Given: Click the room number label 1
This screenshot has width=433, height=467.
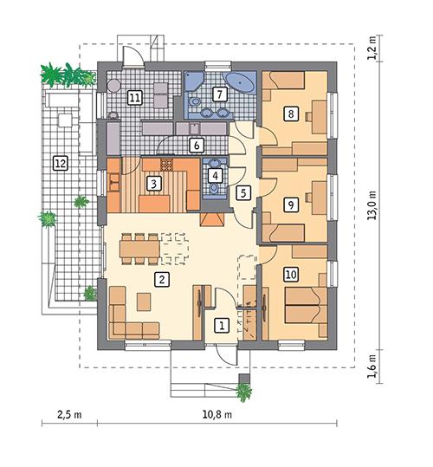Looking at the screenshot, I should pyautogui.click(x=222, y=326).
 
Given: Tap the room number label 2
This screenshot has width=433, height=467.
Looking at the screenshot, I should pyautogui.click(x=160, y=279).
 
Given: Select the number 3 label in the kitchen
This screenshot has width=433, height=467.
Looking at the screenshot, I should pyautogui.click(x=152, y=183).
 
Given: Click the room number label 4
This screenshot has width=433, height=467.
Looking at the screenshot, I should pyautogui.click(x=216, y=175).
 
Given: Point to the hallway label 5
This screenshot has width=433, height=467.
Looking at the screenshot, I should pyautogui.click(x=244, y=192).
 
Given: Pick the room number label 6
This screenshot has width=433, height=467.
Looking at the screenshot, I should pyautogui.click(x=197, y=146).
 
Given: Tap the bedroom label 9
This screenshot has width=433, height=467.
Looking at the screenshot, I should pyautogui.click(x=291, y=204).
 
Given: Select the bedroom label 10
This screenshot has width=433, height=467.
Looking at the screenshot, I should pyautogui.click(x=291, y=274).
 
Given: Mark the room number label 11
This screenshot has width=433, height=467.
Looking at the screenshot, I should pyautogui.click(x=134, y=97).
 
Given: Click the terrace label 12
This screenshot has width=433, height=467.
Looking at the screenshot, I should pyautogui.click(x=60, y=161).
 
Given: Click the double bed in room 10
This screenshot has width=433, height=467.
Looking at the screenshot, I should pyautogui.click(x=304, y=305).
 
